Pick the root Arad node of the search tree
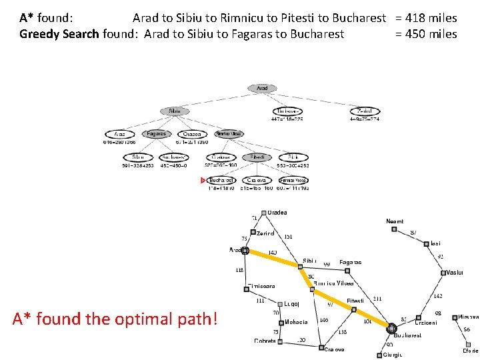point(262,88)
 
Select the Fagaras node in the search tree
point(157,134)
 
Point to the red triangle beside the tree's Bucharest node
point(203,180)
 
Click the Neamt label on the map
point(395,221)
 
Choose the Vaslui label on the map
point(455,273)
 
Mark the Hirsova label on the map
point(468,317)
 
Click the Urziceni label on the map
point(427,323)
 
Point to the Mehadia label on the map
point(296,322)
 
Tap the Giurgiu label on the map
point(393,355)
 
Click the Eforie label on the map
point(471,350)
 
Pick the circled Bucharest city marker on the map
point(392,328)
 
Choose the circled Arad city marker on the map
point(245,251)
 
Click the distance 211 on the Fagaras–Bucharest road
point(377,299)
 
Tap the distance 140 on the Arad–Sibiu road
point(273,253)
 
